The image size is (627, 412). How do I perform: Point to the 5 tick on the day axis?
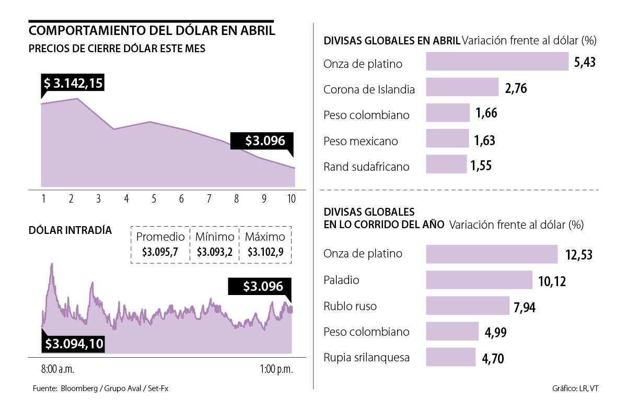154,198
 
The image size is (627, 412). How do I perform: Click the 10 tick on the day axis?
291,198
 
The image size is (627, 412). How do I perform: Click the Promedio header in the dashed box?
160,237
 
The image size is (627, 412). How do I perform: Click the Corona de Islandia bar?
462,87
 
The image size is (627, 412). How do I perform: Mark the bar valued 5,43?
497,61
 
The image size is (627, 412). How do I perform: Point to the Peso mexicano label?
361,141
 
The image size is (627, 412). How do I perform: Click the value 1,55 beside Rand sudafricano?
481,166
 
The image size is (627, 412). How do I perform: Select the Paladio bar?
479,279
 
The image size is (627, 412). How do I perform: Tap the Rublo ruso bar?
468,305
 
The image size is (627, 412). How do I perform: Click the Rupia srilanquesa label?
367,358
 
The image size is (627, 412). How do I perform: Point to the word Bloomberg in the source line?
81,389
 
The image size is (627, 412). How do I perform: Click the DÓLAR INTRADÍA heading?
70,230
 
